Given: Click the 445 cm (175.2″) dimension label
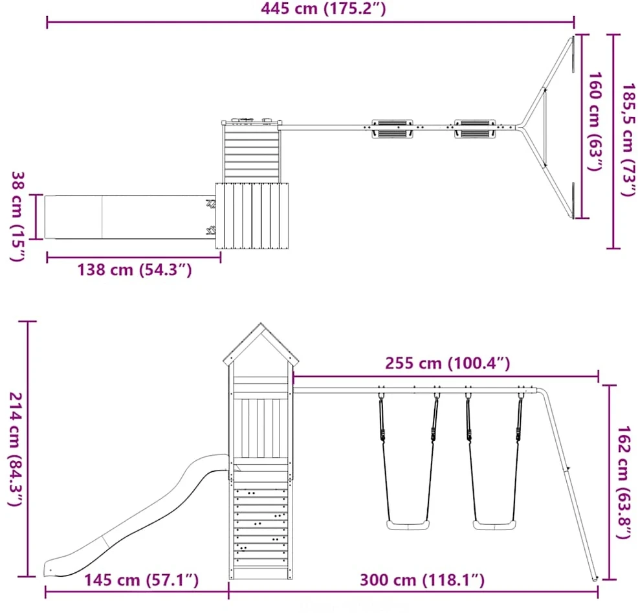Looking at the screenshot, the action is pyautogui.click(x=323, y=8).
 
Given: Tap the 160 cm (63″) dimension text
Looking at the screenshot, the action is pyautogui.click(x=595, y=122).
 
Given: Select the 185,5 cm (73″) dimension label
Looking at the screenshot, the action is pyautogui.click(x=628, y=140).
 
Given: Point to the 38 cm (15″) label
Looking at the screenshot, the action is pyautogui.click(x=18, y=217).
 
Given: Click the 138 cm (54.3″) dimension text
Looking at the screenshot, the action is pyautogui.click(x=135, y=269).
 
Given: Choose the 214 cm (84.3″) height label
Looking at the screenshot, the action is pyautogui.click(x=16, y=449).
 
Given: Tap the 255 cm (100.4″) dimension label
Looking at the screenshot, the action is pyautogui.click(x=448, y=363).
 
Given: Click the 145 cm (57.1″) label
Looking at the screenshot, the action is pyautogui.click(x=141, y=579).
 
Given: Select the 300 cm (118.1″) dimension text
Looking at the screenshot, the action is pyautogui.click(x=422, y=579).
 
